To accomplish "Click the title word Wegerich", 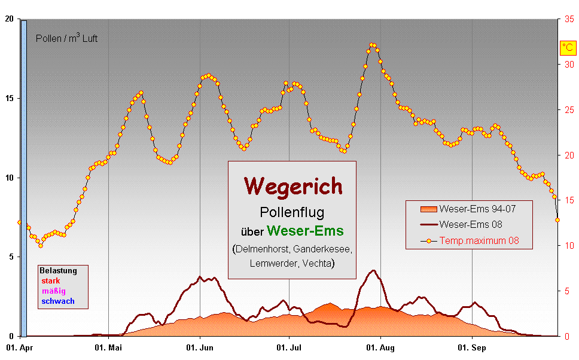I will pos(292,186).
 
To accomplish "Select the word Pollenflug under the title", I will pos(292,212).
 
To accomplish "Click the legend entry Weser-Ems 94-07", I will pos(477,209).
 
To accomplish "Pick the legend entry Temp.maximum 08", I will pos(479,241).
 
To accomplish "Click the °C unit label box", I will pos(567,48).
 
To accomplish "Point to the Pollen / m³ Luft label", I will pos(66,39).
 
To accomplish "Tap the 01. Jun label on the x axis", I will pos(199,347).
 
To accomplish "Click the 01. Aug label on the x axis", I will pos(381,347).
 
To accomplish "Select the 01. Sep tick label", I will pos(471,347).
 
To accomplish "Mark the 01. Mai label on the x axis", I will pos(108,347).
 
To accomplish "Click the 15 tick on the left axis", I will pos(9,99).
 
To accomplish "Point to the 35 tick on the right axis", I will pos(569,19).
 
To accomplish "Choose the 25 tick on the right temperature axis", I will pos(569,110).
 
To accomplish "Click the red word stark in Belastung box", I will pos(51,280).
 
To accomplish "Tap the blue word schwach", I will pos(57,301).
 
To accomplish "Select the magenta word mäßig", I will pos(53,291).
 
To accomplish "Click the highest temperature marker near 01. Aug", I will pos(372,45).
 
